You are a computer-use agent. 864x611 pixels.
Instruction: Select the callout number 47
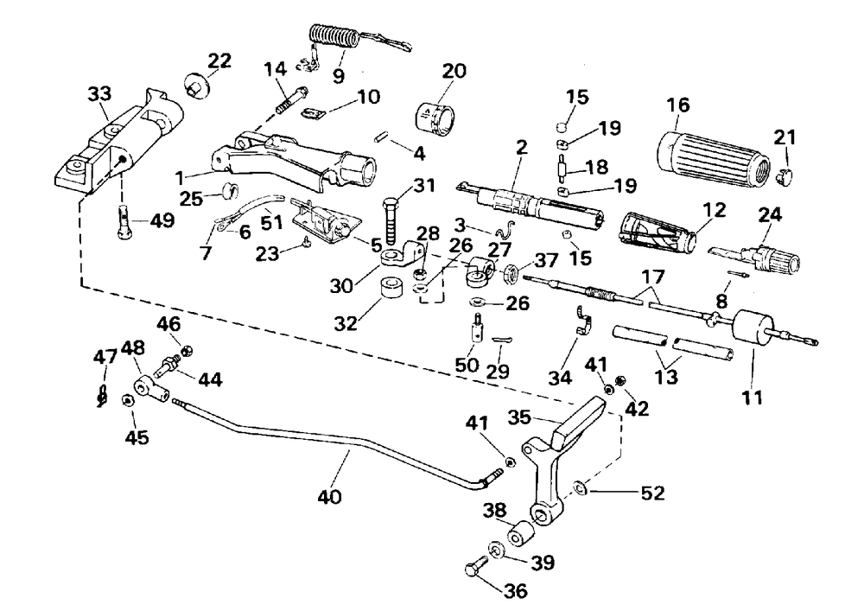point(105,357)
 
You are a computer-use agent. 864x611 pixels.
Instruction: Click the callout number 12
point(714,210)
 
